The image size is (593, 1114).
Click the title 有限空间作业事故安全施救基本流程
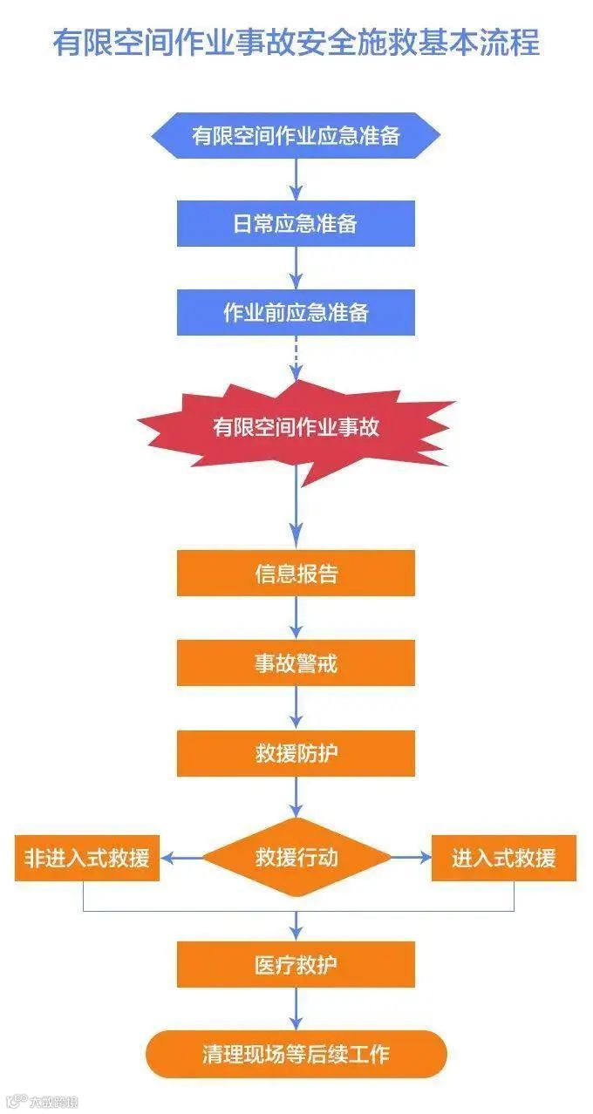(x=296, y=41)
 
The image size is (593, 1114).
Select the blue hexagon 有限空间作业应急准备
(x=296, y=135)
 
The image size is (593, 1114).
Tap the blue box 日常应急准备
(x=296, y=224)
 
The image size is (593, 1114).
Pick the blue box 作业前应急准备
(x=296, y=313)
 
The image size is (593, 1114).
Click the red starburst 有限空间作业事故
(x=296, y=427)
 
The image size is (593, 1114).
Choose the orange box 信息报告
(x=296, y=574)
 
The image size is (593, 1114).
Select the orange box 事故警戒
(x=296, y=663)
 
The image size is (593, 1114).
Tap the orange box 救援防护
(x=296, y=753)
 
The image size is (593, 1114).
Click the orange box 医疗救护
(x=296, y=964)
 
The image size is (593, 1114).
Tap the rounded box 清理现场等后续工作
(x=296, y=1054)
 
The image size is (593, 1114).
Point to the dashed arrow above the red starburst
(x=296, y=357)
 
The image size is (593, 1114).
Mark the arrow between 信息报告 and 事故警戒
(x=296, y=618)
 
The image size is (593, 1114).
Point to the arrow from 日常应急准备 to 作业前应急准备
(x=296, y=268)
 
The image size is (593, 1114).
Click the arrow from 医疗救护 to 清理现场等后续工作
(x=296, y=1009)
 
